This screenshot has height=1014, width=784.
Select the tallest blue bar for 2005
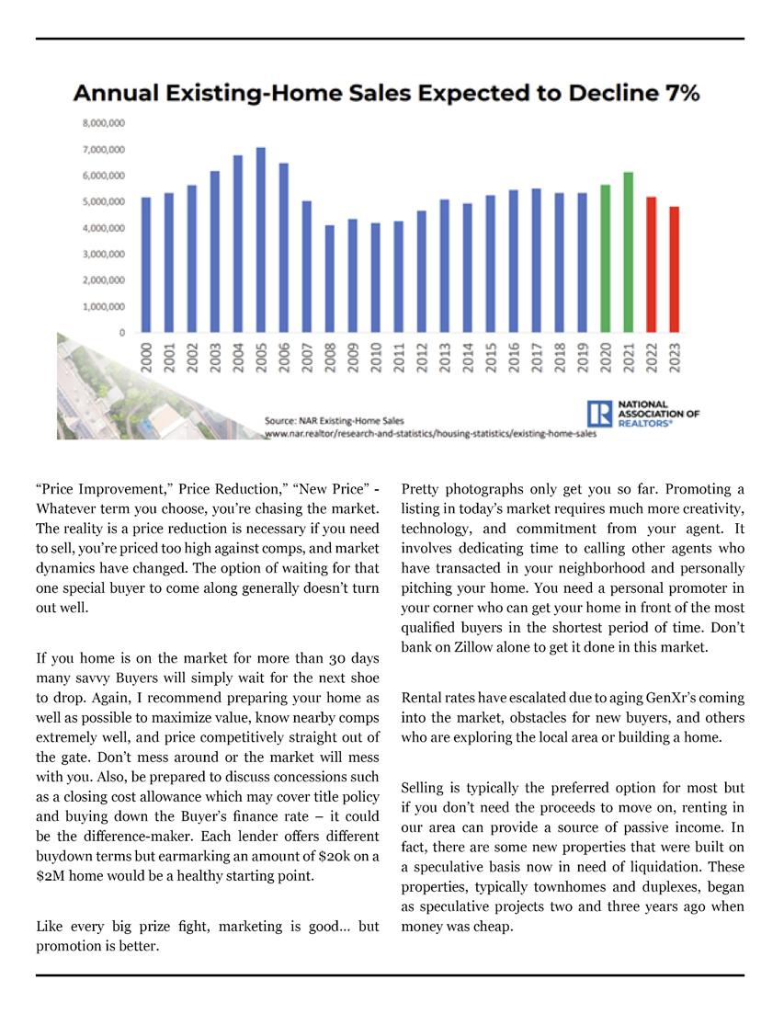click(261, 240)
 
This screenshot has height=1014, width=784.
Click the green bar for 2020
click(606, 258)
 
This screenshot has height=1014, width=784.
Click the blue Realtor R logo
click(599, 414)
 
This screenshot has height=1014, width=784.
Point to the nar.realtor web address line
click(429, 432)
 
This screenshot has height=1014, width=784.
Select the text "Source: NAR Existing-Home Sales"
click(334, 420)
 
